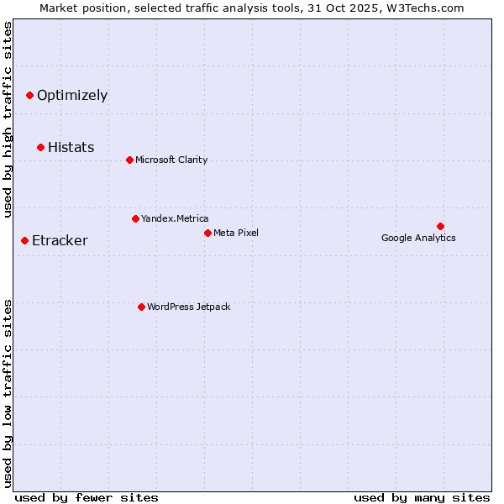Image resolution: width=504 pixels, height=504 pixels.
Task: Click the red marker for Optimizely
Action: [x=29, y=96]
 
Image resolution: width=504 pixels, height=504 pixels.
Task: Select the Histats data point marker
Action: [x=40, y=148]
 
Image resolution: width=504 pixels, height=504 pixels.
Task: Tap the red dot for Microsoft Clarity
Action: [x=129, y=160]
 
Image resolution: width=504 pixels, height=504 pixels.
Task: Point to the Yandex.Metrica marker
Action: [x=135, y=219]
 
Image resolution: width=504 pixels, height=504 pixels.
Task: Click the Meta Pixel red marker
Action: [x=207, y=233]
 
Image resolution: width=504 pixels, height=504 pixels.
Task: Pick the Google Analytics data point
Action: [x=440, y=226]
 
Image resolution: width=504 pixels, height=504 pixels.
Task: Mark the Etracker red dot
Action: [x=24, y=241]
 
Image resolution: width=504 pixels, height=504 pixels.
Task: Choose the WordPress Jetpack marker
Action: [x=141, y=307]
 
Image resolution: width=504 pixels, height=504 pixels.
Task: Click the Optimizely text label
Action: [x=72, y=96]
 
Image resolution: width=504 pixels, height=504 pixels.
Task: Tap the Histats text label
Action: [x=71, y=148]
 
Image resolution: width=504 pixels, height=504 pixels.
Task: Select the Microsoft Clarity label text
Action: [x=171, y=160]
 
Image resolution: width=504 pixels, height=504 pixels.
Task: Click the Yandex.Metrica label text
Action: [x=175, y=219]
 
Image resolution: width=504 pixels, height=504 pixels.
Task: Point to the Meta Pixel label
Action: [x=236, y=233]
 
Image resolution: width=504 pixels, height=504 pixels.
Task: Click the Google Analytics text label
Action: [x=418, y=238]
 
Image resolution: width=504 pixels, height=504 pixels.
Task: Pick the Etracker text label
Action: [x=60, y=241]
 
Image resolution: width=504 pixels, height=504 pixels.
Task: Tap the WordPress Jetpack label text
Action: [x=188, y=307]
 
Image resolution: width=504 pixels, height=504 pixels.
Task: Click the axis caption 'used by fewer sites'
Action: [x=87, y=497]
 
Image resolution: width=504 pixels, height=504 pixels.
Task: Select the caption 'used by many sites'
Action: [x=422, y=497]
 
